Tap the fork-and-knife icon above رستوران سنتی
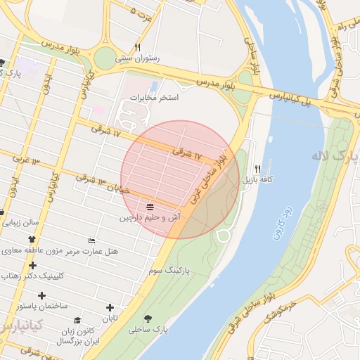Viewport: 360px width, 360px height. coord(138,47)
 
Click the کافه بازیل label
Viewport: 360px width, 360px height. coord(257,181)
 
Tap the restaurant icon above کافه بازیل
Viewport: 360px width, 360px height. coord(257,169)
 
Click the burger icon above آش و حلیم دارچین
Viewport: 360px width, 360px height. coord(150,206)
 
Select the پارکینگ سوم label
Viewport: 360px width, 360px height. coord(167,269)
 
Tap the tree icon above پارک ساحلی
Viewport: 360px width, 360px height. coord(148,318)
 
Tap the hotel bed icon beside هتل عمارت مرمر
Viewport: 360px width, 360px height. coord(91,240)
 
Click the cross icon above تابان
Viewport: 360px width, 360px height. coord(109,307)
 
